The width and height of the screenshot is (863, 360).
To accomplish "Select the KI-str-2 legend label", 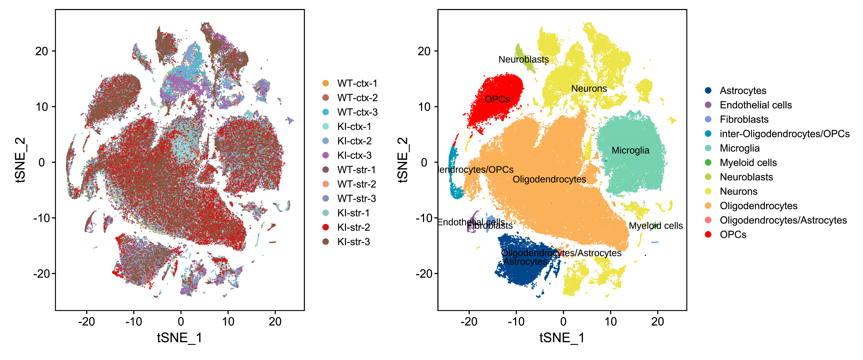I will click(x=353, y=227).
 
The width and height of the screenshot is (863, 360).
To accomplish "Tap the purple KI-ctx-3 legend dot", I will click(x=325, y=155).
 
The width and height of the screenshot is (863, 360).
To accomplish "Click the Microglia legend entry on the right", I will click(x=739, y=148).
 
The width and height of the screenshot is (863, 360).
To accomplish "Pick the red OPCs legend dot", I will click(x=708, y=234).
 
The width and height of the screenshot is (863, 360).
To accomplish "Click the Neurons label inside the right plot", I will click(x=589, y=88).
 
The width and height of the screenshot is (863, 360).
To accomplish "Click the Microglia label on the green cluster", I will click(x=630, y=151).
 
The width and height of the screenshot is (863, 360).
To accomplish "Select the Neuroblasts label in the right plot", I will click(x=523, y=59).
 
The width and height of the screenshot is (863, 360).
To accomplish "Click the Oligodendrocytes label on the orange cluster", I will click(x=549, y=179).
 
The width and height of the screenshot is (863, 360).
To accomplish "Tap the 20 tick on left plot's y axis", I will click(x=42, y=51).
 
